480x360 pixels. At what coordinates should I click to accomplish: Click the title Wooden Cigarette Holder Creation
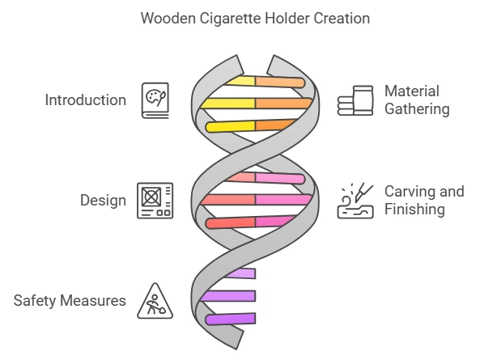pyautogui.click(x=240, y=19)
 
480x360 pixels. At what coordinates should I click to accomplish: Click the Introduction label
pyautogui.click(x=86, y=100)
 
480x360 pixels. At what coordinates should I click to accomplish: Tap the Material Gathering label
pyautogui.click(x=416, y=100)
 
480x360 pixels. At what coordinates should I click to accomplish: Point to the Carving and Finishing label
pyautogui.click(x=423, y=201)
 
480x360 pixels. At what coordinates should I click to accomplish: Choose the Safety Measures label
pyautogui.click(x=70, y=301)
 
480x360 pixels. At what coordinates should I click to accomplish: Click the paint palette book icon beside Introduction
pyautogui.click(x=155, y=100)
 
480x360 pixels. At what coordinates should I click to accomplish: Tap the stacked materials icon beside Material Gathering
pyautogui.click(x=355, y=101)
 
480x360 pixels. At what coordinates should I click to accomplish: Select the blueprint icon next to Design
pyautogui.click(x=155, y=201)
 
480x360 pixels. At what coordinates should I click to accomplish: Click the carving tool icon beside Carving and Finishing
pyautogui.click(x=355, y=201)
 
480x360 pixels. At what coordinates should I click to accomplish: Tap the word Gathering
pyautogui.click(x=416, y=109)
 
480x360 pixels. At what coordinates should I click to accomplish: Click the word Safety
pyautogui.click(x=33, y=301)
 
